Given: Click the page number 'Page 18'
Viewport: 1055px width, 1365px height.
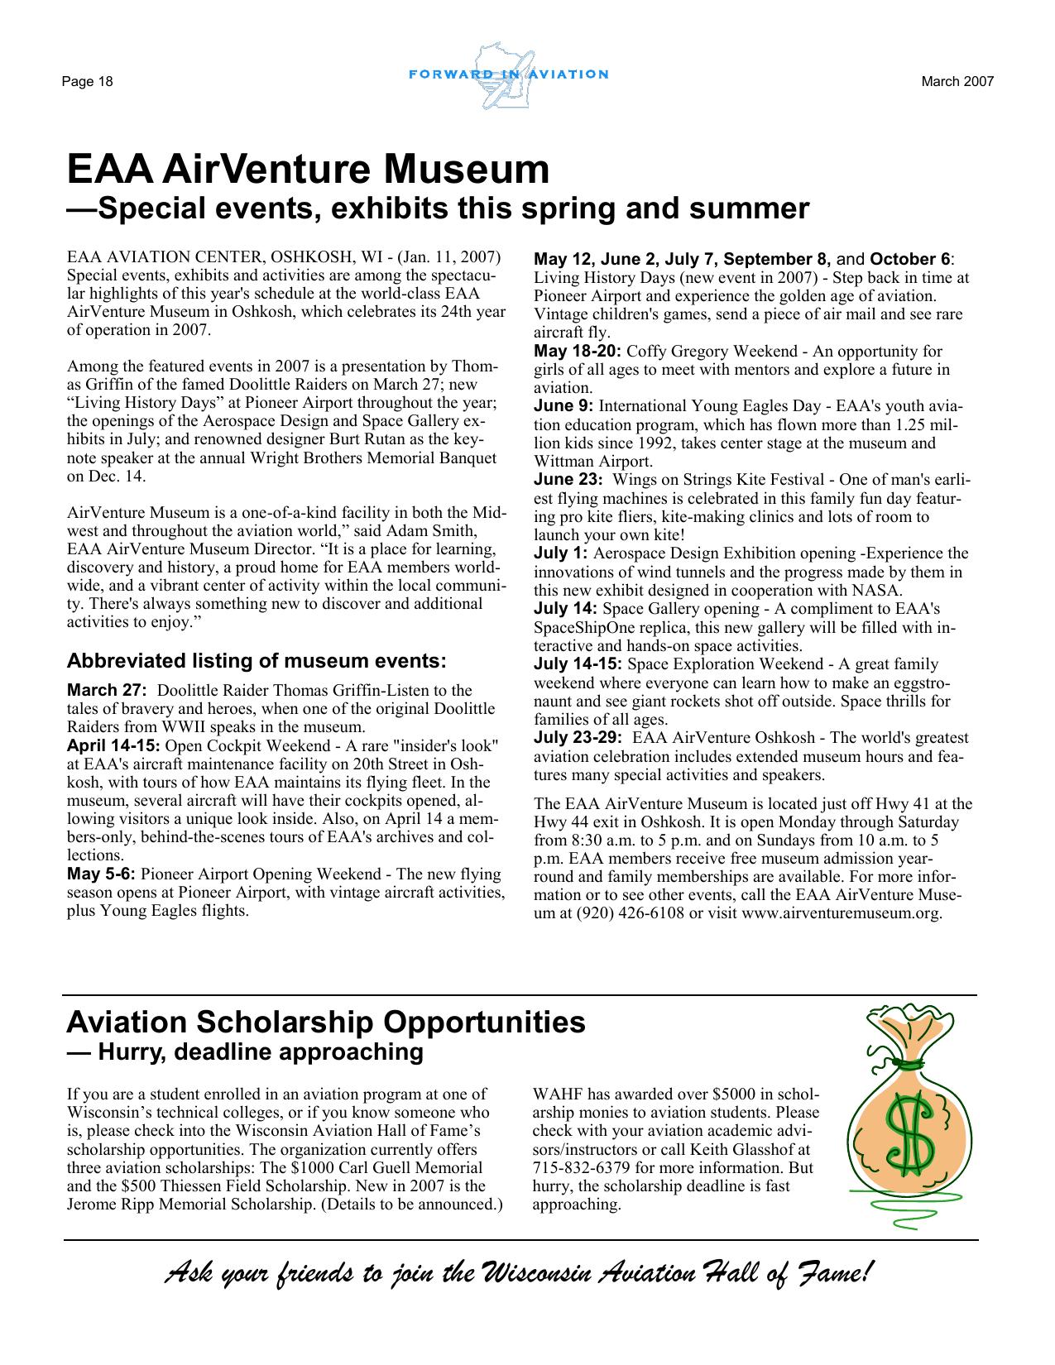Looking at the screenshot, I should (86, 82).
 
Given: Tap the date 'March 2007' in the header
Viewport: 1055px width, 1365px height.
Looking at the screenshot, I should (957, 81).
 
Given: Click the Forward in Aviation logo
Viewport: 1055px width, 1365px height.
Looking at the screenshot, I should (508, 75).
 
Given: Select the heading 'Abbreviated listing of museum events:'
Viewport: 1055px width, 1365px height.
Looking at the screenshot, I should (256, 661).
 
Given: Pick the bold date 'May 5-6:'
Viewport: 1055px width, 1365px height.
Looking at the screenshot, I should (101, 874).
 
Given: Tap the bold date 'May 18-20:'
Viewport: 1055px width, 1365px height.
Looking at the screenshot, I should (578, 352).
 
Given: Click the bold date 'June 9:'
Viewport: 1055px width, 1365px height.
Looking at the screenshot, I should (563, 406).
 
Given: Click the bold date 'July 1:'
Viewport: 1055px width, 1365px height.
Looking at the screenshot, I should (561, 553).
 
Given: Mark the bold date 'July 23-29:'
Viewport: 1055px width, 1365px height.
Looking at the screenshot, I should (578, 738).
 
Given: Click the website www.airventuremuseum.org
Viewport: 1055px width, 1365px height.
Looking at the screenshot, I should (842, 914).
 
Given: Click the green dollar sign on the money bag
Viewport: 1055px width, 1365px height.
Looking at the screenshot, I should (909, 1133).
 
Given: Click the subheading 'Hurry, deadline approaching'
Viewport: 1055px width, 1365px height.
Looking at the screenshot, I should (260, 1052).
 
